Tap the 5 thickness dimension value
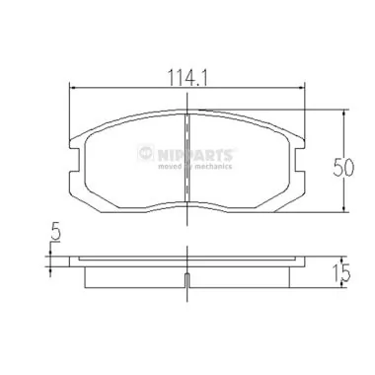55,235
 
